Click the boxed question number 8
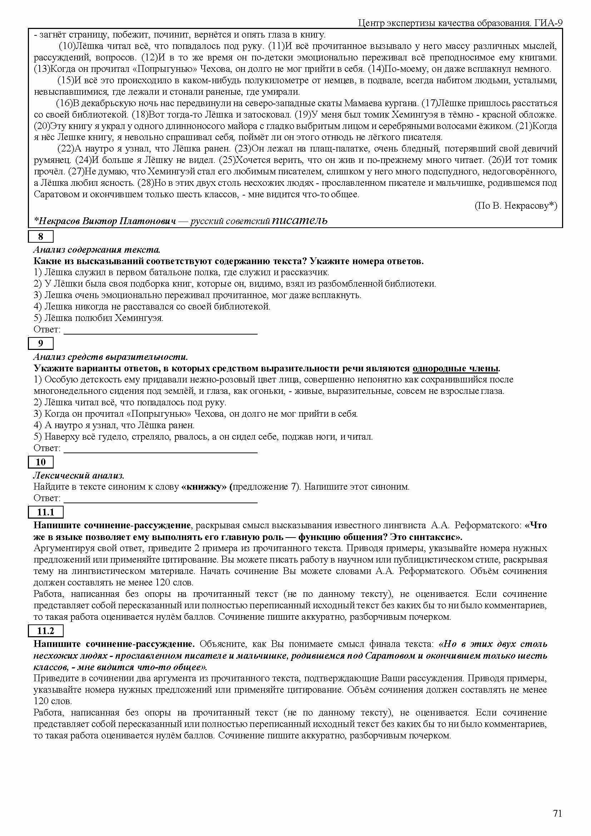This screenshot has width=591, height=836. [41, 237]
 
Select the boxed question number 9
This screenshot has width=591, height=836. [41, 343]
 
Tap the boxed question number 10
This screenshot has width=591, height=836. [41, 462]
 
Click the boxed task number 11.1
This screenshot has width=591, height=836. [46, 512]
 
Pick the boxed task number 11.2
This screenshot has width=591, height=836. [46, 630]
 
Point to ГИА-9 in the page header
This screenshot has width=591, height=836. [549, 23]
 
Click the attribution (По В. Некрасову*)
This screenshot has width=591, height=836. [516, 206]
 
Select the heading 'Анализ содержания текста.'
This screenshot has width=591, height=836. [97, 250]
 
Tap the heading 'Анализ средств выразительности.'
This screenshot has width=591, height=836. [111, 356]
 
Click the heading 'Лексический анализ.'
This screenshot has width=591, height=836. [79, 475]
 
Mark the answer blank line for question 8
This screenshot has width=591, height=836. [160, 333]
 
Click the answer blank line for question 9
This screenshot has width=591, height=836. [160, 451]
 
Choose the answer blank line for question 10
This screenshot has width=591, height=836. [160, 501]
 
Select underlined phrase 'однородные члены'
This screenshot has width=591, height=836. [455, 368]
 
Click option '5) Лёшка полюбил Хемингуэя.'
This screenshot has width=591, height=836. [99, 318]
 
